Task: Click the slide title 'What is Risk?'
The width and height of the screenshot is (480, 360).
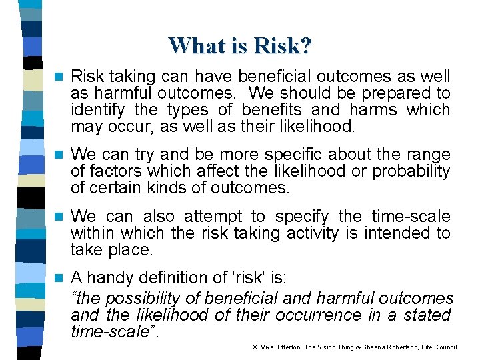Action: click(x=240, y=45)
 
